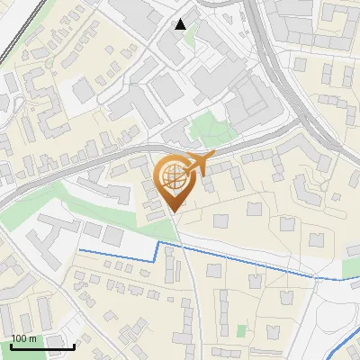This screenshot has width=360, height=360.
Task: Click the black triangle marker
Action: [x=181, y=24]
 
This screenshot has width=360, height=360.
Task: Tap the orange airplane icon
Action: [x=199, y=164]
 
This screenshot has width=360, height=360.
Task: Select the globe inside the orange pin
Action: [x=172, y=177]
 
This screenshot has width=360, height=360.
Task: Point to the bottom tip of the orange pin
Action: [x=174, y=212]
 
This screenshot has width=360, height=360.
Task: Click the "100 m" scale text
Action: [x=23, y=338]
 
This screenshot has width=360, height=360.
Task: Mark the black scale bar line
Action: [x=42, y=346]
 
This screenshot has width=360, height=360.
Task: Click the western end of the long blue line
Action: [x=81, y=249]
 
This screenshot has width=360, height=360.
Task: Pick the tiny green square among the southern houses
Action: [x=241, y=330]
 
